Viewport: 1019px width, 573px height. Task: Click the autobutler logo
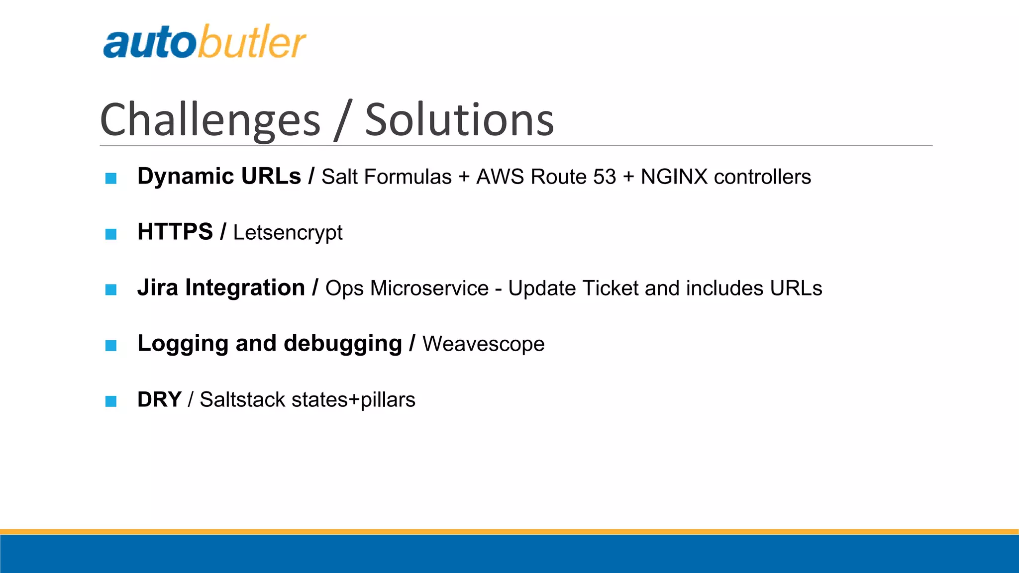pos(204,42)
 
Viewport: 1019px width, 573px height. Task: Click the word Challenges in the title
pos(210,120)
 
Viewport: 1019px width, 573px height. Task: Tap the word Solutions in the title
pos(459,120)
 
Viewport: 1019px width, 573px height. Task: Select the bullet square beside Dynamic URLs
pos(111,178)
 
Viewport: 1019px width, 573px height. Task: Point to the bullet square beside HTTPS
pos(111,234)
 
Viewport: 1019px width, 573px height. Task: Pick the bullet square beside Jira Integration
pos(111,289)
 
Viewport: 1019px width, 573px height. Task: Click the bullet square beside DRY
pos(111,401)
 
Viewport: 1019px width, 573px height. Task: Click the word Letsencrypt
pos(288,233)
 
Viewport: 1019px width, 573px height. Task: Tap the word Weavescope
pos(483,344)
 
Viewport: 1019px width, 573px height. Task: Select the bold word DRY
pos(159,399)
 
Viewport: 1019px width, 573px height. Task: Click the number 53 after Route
pos(604,177)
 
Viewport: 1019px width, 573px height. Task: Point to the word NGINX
pos(674,177)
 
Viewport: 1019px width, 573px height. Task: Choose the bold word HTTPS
pos(175,232)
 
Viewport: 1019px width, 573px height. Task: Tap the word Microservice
pos(429,288)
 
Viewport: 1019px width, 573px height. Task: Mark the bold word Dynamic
pos(186,177)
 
